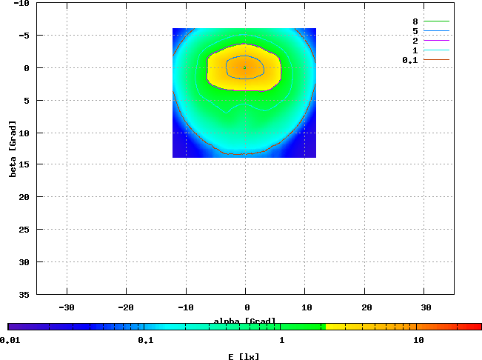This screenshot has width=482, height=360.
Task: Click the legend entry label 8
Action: (x=415, y=21)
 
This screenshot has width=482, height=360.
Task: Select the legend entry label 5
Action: (x=415, y=31)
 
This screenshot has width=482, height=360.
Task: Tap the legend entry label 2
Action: (x=415, y=41)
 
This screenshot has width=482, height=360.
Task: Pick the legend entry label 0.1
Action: (x=410, y=60)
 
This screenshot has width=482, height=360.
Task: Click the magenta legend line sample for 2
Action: (x=437, y=41)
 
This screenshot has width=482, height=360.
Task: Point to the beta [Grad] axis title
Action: (x=13, y=148)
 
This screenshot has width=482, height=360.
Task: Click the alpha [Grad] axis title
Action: (x=244, y=321)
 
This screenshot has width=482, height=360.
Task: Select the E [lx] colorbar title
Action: (x=244, y=356)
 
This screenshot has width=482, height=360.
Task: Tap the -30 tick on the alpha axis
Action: (x=67, y=307)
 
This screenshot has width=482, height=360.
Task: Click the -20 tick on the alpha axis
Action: (x=127, y=307)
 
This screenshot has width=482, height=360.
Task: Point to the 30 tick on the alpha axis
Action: (x=426, y=307)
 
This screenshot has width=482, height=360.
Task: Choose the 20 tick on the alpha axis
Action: (x=366, y=307)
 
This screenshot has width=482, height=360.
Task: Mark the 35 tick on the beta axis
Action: (x=24, y=294)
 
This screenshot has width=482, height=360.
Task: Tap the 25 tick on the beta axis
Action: (x=24, y=230)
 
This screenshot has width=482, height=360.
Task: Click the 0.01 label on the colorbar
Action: (x=10, y=340)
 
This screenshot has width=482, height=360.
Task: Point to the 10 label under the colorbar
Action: (x=418, y=340)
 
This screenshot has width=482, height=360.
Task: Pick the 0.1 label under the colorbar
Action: (x=145, y=340)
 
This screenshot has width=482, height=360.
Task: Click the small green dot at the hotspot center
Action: (x=245, y=67)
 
